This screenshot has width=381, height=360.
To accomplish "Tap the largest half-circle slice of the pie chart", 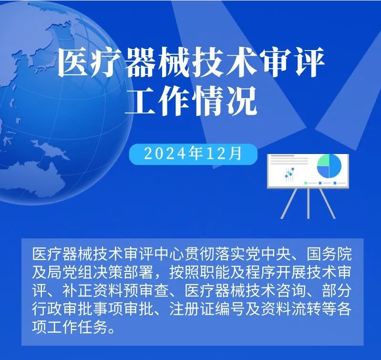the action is (336, 166).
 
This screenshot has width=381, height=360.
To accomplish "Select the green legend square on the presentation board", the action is (306, 183).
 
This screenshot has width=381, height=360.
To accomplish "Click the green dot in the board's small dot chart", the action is (288, 172).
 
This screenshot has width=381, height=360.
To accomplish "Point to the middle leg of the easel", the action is (309, 203).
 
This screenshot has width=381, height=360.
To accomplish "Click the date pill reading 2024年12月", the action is (193, 154).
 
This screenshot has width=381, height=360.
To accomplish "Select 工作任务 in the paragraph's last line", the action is (77, 327).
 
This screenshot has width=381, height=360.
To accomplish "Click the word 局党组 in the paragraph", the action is (70, 272).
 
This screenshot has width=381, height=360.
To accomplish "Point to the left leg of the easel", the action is (289, 203).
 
